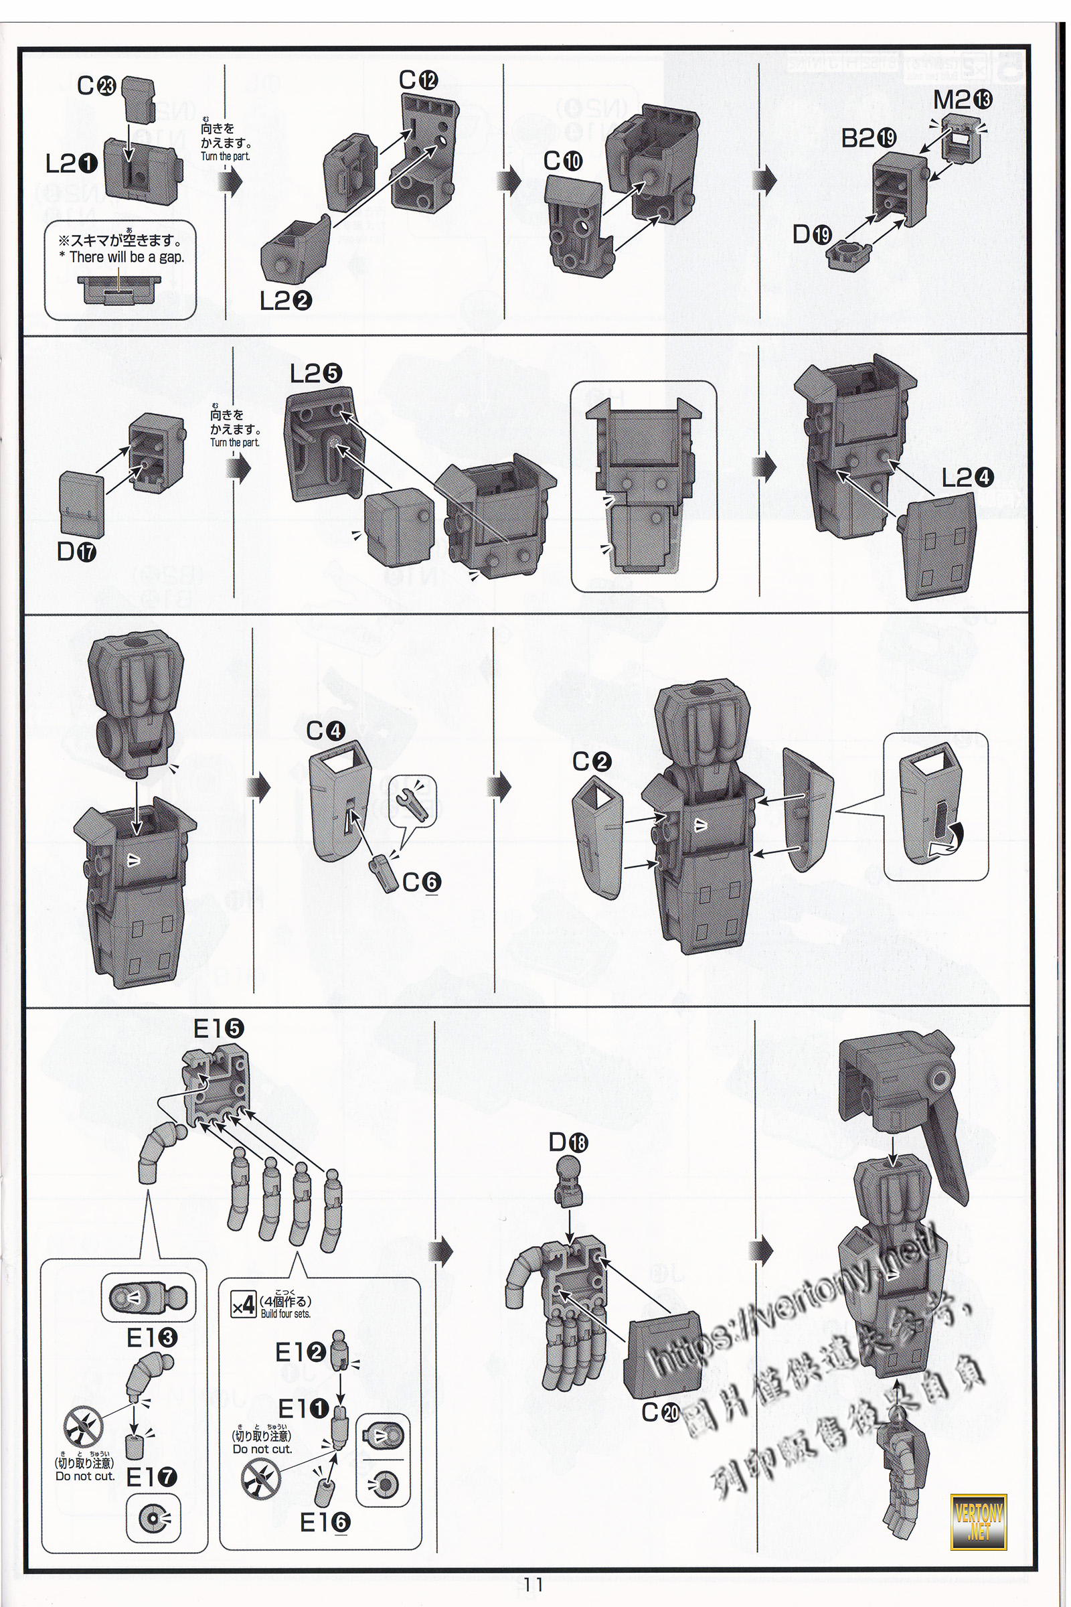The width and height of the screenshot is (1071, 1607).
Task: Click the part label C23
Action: click(96, 86)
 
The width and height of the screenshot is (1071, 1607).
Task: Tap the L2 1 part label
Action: click(72, 163)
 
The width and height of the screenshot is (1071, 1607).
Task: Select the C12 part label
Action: click(418, 80)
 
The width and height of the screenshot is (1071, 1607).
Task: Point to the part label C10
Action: click(563, 161)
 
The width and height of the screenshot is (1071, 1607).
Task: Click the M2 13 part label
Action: click(963, 100)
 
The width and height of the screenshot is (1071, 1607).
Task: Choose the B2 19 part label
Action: click(868, 139)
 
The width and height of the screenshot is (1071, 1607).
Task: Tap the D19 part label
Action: click(811, 235)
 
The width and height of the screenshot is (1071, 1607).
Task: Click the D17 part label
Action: click(76, 550)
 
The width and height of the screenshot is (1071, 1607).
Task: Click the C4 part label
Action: click(325, 731)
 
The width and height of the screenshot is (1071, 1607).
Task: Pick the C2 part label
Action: click(592, 761)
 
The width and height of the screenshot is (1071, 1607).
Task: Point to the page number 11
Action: click(533, 1584)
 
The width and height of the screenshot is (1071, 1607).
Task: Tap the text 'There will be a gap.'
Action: click(122, 257)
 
